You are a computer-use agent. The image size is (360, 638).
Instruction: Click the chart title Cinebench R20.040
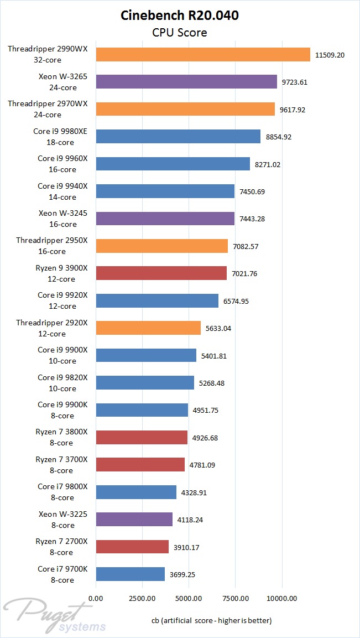(x=180, y=15)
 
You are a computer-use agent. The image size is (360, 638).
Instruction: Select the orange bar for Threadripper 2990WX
(x=203, y=54)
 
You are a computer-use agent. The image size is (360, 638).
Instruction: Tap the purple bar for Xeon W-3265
(x=186, y=82)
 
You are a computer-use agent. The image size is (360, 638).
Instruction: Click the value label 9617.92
(x=293, y=110)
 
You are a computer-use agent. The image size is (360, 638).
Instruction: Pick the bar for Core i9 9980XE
(x=178, y=137)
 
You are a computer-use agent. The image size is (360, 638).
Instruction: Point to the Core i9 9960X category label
(x=62, y=164)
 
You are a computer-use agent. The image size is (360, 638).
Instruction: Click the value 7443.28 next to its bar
(x=252, y=219)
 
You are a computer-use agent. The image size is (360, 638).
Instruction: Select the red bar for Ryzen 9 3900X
(x=161, y=273)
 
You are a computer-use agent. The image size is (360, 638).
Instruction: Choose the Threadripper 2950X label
(x=52, y=246)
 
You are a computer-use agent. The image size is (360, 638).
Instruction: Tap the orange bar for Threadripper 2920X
(x=148, y=328)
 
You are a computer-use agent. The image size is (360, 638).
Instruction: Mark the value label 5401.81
(x=214, y=356)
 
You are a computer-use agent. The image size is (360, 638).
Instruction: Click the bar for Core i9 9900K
(x=142, y=410)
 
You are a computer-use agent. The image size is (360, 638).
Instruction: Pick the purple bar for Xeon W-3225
(x=134, y=520)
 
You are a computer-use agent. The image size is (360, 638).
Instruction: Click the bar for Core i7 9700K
(x=130, y=574)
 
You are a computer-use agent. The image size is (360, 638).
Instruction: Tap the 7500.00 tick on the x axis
(x=235, y=599)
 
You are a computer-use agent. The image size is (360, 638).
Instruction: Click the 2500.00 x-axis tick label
(x=142, y=599)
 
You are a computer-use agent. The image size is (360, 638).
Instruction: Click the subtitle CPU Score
(x=180, y=33)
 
